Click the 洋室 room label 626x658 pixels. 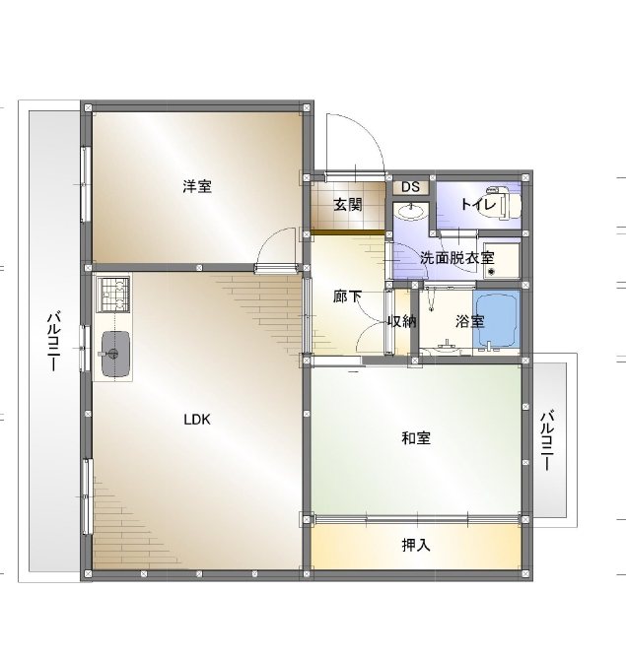point(197,186)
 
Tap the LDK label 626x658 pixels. point(197,420)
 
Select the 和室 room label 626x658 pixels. point(416,438)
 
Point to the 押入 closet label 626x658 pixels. point(416,545)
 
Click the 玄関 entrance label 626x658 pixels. point(348,205)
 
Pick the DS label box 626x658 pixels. point(411,187)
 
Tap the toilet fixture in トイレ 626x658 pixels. point(504,204)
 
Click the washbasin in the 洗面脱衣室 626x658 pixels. point(411,211)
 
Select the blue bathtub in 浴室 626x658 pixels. point(497,320)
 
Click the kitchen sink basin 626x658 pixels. point(115,354)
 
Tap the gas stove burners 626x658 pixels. point(113,294)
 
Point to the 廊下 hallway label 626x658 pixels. point(347,296)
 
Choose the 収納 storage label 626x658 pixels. point(401,321)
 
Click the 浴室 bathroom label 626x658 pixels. point(470,321)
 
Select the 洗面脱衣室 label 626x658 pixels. point(456,258)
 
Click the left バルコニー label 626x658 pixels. point(53,341)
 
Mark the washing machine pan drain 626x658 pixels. point(490,272)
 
